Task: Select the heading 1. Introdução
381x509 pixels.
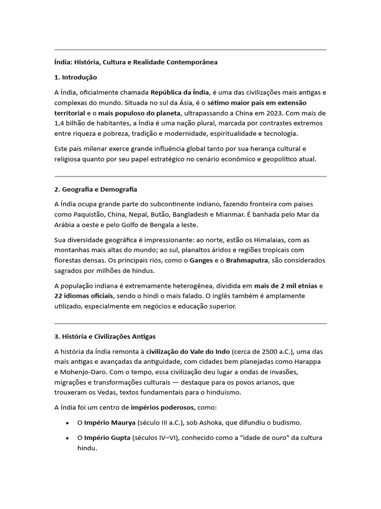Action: point(76,78)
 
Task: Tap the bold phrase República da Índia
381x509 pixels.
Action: point(180,92)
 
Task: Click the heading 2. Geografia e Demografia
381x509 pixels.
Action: point(96,189)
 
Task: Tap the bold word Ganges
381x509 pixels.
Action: point(201,260)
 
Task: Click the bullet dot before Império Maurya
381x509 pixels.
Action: point(67,423)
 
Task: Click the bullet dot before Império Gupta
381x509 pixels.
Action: point(67,438)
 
